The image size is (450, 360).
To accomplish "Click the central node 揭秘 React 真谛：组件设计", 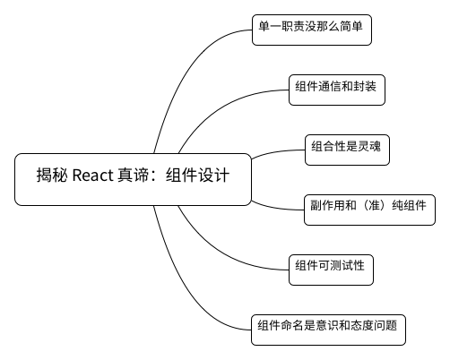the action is (x=133, y=179).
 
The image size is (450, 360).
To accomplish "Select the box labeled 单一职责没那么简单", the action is (x=312, y=30).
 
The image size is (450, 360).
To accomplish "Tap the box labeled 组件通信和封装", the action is (x=337, y=90).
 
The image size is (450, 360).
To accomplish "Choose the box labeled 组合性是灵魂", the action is (x=347, y=150).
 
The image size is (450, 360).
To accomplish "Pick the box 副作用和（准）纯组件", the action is (x=369, y=210).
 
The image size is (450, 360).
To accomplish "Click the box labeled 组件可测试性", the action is (x=331, y=270).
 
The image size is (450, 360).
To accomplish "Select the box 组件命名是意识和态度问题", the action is (x=328, y=330).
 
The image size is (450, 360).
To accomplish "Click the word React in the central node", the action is (x=93, y=176).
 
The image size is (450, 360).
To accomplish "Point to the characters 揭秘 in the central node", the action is (x=52, y=175).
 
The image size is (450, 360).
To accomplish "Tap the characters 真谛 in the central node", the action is (x=133, y=175).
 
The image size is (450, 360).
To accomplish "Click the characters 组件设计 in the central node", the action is (x=197, y=175).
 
